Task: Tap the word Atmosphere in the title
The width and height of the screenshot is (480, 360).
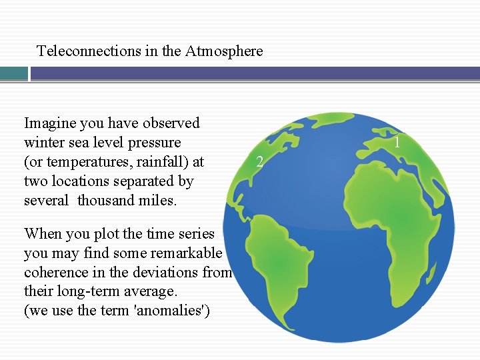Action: point(225,51)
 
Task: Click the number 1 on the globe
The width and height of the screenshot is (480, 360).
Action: point(397,142)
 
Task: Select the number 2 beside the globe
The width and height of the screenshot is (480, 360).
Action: point(261,161)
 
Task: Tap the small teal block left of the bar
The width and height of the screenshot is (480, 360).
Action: point(13,73)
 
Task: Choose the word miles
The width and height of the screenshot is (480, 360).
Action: point(159,201)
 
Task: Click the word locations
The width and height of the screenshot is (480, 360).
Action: point(80,181)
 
